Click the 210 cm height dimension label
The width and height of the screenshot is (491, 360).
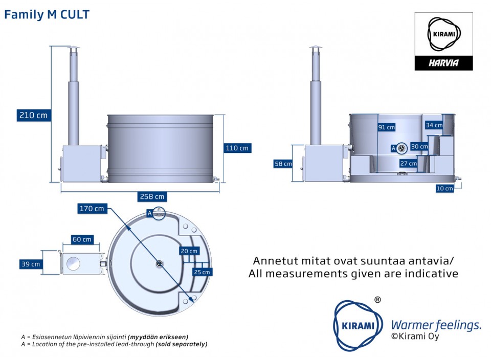click(33, 115)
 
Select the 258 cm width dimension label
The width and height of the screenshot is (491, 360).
click(153, 196)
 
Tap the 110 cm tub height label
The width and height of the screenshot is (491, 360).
click(237, 148)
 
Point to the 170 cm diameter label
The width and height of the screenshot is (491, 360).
click(92, 209)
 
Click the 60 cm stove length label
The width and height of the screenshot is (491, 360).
click(82, 239)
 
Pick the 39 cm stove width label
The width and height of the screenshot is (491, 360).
click(31, 264)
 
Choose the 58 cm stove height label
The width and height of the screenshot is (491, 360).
click(283, 164)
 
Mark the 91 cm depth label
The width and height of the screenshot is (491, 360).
click(387, 127)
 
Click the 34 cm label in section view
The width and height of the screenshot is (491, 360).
click(434, 125)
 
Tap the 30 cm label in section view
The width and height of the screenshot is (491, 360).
click(419, 147)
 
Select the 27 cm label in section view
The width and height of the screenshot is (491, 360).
click(408, 164)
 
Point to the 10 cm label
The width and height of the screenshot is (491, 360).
click(445, 188)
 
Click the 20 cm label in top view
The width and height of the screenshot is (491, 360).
click(189, 251)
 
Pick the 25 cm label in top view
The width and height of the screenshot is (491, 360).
click(202, 272)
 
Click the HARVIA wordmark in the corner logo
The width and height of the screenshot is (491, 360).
click(443, 63)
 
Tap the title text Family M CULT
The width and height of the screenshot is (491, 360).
click(47, 15)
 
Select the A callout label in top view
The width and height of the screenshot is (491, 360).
click(149, 213)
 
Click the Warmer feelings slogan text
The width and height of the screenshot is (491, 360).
click(436, 325)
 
